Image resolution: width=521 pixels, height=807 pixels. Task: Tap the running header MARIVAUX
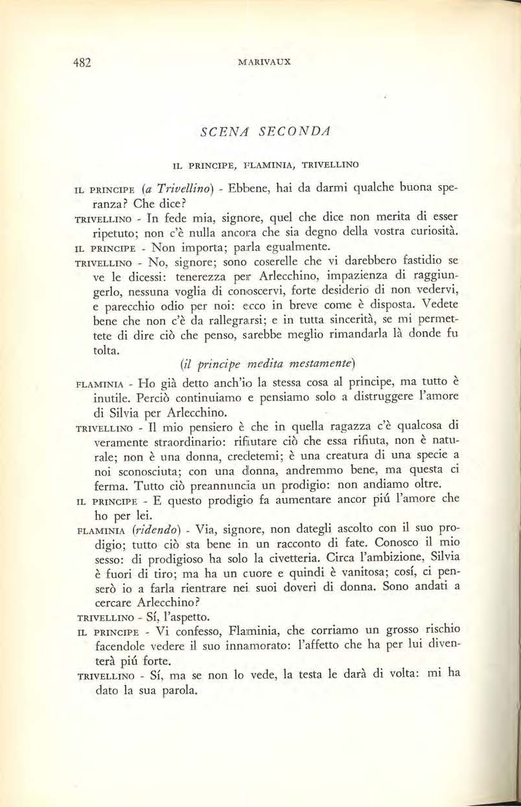[x=264, y=63]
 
